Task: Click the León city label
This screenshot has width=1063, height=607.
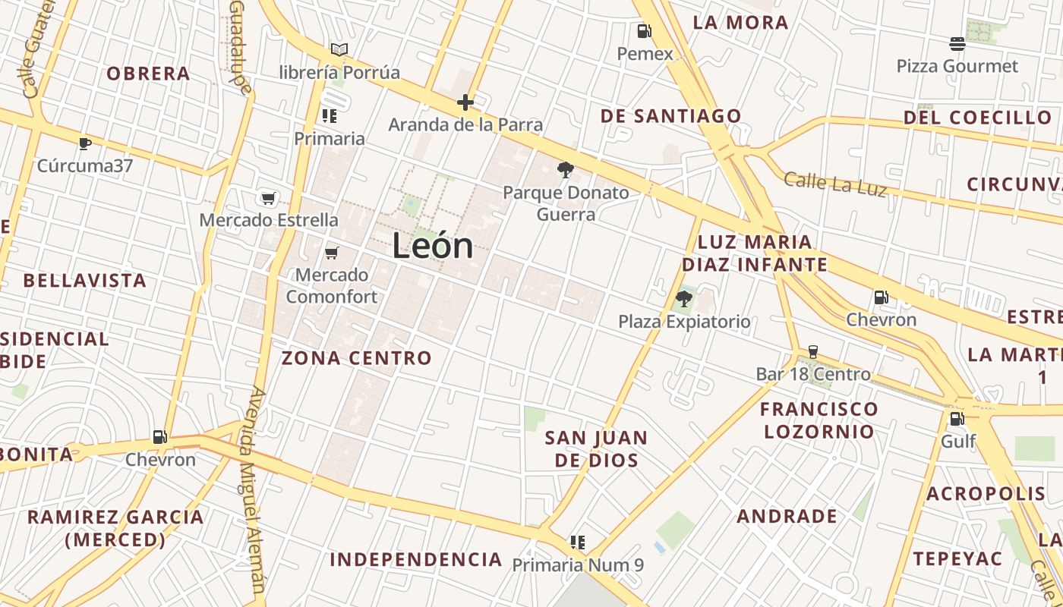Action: point(433,247)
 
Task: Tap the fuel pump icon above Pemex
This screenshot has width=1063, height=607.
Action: point(644,31)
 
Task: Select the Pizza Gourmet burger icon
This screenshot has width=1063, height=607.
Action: point(957,44)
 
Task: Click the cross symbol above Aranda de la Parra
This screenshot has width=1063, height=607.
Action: point(465,102)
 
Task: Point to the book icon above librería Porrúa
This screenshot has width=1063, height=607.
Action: point(339,50)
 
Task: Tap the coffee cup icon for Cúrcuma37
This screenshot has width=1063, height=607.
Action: point(85,143)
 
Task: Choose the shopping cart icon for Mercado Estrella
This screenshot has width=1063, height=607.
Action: point(268,198)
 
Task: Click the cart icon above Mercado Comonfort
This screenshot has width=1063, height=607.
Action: point(331,253)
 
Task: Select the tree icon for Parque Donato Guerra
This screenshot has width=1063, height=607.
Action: point(565,170)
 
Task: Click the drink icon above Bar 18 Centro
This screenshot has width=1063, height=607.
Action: point(813,351)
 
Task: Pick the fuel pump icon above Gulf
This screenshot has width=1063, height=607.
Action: point(957,418)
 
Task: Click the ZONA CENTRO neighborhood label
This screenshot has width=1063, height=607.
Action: point(356,358)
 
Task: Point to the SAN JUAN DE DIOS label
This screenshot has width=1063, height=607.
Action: point(596,448)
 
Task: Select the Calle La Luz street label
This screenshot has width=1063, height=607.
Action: point(834,184)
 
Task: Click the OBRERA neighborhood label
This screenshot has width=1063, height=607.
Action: point(148,74)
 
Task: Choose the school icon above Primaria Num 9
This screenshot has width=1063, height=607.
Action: point(578,542)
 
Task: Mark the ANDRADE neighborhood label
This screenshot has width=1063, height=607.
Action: point(787,517)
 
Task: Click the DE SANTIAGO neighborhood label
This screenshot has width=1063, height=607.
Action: point(670,116)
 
